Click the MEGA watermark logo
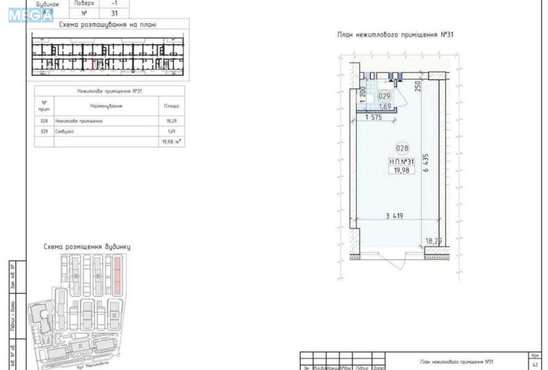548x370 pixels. tap(31, 14)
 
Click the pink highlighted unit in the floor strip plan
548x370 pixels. tap(95, 64)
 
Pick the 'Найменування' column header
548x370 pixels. tap(106, 106)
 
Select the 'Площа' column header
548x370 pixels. tap(171, 106)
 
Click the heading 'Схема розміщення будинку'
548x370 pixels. tap(86, 246)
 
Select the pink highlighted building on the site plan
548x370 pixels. tap(117, 272)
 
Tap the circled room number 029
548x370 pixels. tap(384, 97)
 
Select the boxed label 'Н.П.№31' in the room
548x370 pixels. tap(402, 161)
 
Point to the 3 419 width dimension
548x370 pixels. tap(395, 216)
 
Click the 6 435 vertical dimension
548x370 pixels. tap(426, 165)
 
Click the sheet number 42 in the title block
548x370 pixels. tap(534, 367)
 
